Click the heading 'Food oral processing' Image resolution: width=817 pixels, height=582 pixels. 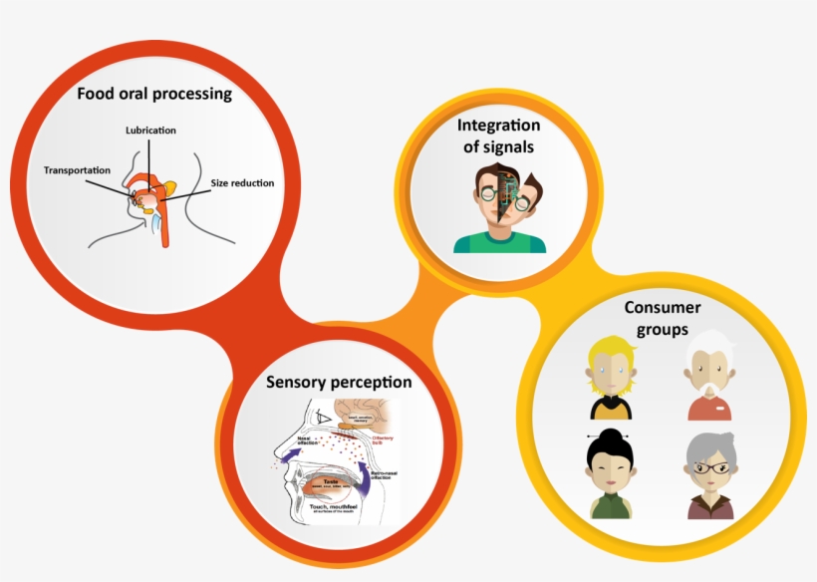(154, 95)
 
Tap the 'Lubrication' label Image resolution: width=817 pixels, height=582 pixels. (151, 131)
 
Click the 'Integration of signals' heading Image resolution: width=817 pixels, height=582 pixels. (498, 136)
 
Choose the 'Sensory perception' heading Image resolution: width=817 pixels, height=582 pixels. (339, 382)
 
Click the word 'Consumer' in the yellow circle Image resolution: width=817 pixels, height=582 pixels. (663, 307)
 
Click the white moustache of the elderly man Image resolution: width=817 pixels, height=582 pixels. (708, 386)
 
